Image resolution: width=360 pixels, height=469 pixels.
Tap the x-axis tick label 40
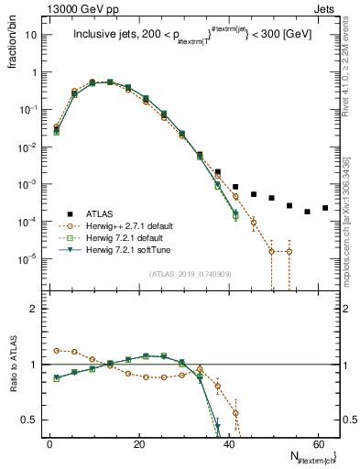point(227,443)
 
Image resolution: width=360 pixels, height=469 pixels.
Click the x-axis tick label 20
point(138,443)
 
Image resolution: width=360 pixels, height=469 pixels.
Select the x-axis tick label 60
point(317,443)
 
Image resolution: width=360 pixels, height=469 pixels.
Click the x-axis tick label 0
point(49,443)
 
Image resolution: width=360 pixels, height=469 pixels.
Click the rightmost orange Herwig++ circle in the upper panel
point(289,251)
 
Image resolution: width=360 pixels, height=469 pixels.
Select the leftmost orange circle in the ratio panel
point(56,350)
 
